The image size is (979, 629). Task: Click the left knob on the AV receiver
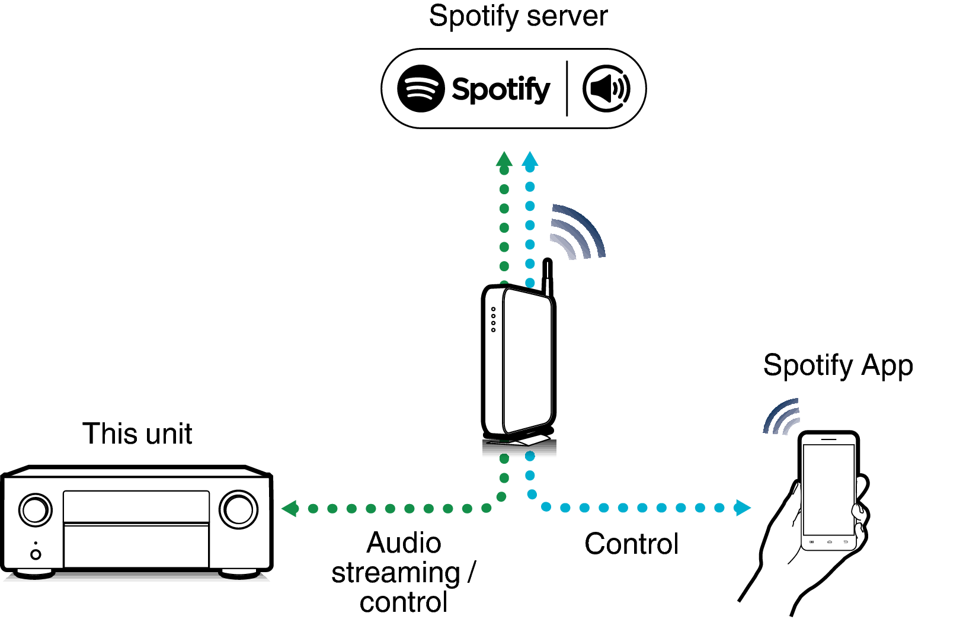[36, 510]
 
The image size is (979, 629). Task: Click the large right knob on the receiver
[239, 509]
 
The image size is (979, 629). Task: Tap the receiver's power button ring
[36, 554]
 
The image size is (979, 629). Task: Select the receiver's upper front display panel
[136, 506]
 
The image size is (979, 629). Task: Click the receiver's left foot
[35, 573]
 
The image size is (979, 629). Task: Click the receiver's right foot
[239, 573]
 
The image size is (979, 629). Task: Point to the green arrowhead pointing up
[504, 159]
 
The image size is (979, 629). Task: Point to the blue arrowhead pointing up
[530, 159]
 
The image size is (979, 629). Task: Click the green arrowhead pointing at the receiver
[289, 508]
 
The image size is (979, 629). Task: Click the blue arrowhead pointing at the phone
[743, 508]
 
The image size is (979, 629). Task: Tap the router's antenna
[547, 279]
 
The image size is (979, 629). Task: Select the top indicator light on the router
[493, 309]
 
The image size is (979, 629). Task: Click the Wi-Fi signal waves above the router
[575, 232]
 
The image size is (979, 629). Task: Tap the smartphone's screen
[828, 489]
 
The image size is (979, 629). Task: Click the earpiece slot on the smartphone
[828, 439]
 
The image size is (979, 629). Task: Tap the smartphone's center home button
[829, 542]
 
